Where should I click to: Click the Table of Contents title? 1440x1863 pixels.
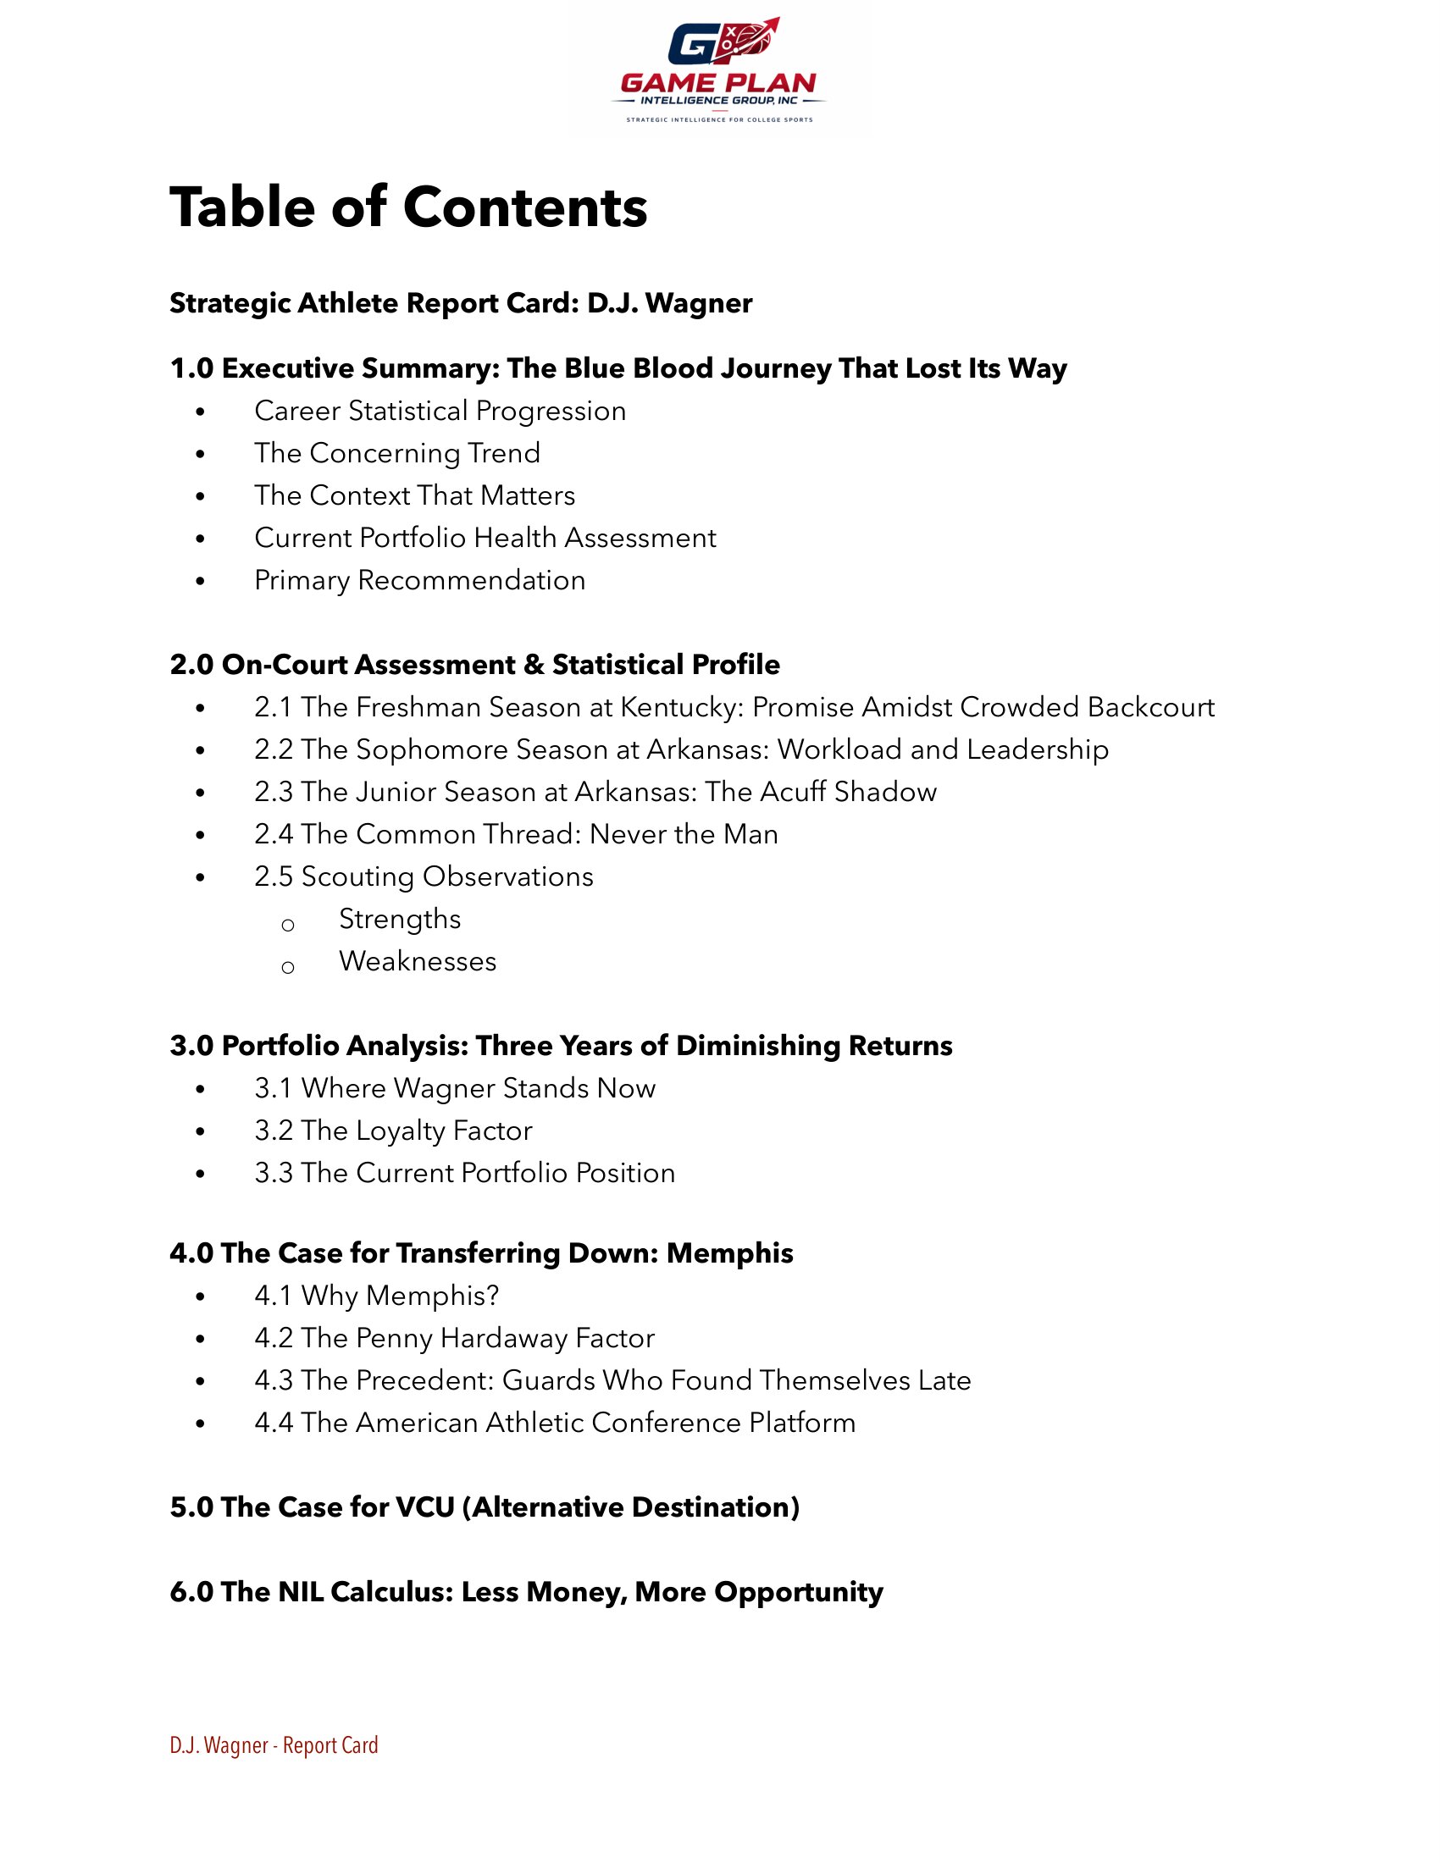[408, 207]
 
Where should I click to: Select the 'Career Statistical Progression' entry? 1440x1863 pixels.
[440, 412]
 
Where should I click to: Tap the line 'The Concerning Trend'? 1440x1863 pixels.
[397, 453]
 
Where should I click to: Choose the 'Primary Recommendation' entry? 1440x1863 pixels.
[419, 580]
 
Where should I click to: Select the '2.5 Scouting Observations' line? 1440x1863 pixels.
[424, 877]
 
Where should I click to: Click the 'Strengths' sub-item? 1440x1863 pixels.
[400, 920]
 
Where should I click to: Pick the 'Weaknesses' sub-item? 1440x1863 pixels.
[418, 961]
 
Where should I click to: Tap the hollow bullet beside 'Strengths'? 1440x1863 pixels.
[288, 925]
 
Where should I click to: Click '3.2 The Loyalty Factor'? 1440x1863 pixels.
[393, 1131]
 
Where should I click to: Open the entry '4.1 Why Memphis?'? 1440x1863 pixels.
[376, 1296]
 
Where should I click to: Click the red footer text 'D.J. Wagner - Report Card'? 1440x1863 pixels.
[274, 1745]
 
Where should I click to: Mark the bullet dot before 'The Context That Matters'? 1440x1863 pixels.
[201, 496]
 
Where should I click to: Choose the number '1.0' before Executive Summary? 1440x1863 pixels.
[191, 368]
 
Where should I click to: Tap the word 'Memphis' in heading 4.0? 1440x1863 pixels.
[729, 1253]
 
